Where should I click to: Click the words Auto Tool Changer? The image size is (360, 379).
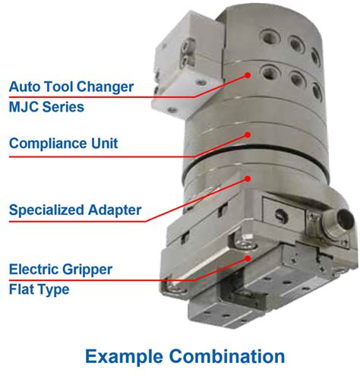click(x=72, y=87)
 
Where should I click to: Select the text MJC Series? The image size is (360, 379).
click(x=46, y=106)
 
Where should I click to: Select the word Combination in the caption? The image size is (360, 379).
click(x=229, y=355)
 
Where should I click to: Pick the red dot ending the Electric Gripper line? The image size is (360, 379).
click(x=245, y=259)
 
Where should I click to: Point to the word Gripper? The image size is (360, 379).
click(x=89, y=269)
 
